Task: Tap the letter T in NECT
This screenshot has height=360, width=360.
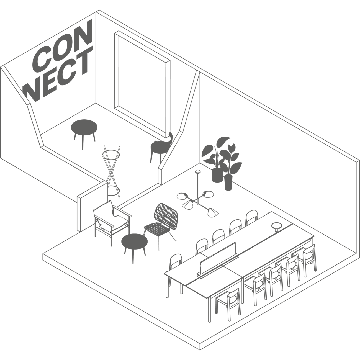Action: coord(86,60)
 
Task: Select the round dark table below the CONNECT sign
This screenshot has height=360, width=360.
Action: coord(84,133)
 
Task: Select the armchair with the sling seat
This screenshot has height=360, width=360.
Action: coord(112,222)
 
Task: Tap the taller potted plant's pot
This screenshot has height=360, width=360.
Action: coord(217,175)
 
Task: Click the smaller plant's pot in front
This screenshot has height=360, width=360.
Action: coord(228,182)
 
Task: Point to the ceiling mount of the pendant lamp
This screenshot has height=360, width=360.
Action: coord(197,172)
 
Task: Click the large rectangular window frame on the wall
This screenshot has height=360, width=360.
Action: coord(142,84)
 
